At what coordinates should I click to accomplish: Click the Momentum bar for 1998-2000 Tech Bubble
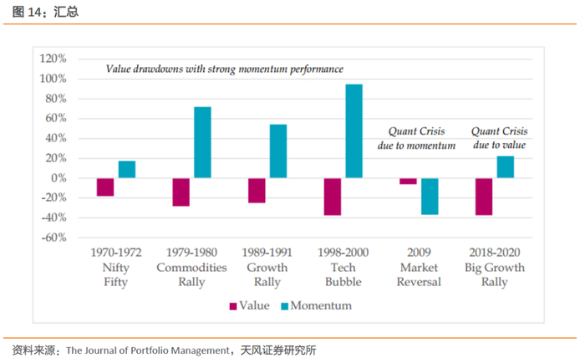(x=354, y=131)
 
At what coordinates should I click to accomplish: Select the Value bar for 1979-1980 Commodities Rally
(x=181, y=192)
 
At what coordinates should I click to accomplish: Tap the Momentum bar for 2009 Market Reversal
(x=430, y=197)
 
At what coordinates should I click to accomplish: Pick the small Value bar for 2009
(x=408, y=181)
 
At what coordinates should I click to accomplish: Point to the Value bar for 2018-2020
(x=484, y=197)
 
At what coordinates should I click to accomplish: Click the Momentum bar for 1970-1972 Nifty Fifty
(x=127, y=169)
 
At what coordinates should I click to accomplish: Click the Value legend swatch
(x=233, y=306)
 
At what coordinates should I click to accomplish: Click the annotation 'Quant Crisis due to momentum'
(x=422, y=138)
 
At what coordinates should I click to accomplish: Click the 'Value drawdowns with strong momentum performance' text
(x=225, y=69)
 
